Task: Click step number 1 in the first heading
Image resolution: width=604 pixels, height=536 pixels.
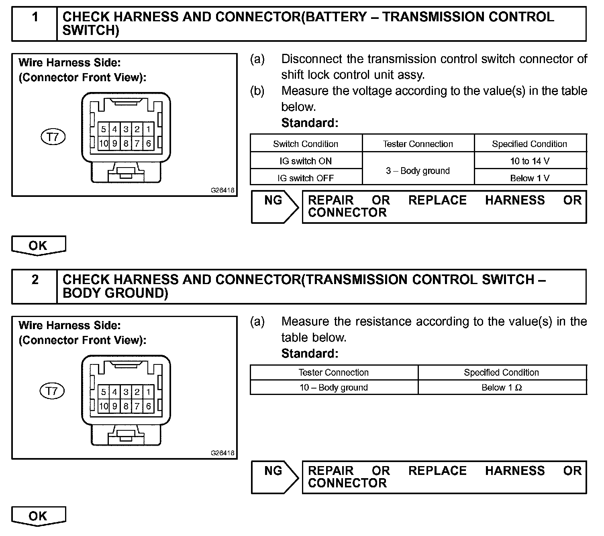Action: click(x=35, y=17)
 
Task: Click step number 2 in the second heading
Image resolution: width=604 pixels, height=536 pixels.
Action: click(x=35, y=280)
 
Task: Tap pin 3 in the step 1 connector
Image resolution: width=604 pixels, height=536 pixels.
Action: click(x=126, y=129)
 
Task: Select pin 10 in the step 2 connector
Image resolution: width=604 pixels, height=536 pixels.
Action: click(x=104, y=406)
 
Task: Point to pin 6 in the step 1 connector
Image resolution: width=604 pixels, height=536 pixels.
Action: click(x=148, y=143)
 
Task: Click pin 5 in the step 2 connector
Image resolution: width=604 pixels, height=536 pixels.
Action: click(x=104, y=392)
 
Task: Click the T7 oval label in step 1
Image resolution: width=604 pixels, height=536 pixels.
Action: click(x=53, y=137)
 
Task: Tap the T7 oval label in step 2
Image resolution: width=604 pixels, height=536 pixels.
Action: click(x=52, y=391)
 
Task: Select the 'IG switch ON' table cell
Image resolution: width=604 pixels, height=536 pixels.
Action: click(x=306, y=161)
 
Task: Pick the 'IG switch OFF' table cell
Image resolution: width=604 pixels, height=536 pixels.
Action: click(x=306, y=178)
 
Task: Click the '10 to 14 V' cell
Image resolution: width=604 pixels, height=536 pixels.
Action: click(x=530, y=161)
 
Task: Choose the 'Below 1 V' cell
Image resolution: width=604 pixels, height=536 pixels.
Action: click(x=530, y=178)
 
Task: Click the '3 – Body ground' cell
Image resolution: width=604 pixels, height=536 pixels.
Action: click(x=418, y=170)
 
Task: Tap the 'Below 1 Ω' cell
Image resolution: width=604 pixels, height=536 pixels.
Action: click(x=502, y=387)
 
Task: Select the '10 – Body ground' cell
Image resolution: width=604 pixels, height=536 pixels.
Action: click(x=333, y=387)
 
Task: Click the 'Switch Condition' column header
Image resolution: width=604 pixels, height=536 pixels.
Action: click(x=306, y=144)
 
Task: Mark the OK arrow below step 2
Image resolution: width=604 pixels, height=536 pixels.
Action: click(x=38, y=516)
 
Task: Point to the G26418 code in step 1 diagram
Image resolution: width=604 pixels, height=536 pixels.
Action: click(x=222, y=191)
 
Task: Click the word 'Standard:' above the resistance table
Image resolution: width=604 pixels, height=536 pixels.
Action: click(x=310, y=354)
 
